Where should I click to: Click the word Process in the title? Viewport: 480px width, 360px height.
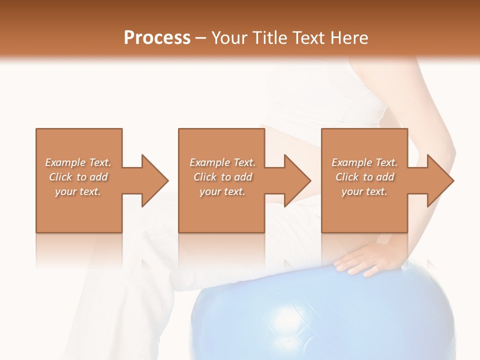157,38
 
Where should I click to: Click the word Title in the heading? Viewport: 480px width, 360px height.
267,38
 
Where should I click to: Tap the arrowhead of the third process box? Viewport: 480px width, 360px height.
439,180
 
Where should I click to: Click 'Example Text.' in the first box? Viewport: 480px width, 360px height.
78,162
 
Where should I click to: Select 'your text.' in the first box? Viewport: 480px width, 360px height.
78,191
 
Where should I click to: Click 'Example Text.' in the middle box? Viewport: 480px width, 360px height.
222,162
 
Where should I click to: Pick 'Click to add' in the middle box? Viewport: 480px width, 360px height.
222,177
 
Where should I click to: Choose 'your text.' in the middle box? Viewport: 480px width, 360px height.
222,191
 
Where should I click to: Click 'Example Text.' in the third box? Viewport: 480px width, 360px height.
364,162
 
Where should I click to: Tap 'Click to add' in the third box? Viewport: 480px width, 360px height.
364,177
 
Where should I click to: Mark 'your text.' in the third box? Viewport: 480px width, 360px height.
364,191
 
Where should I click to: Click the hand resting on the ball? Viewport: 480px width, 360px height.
367,257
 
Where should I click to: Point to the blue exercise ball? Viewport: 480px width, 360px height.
320,315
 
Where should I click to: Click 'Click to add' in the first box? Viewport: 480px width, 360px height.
78,177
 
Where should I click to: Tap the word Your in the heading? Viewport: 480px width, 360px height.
228,38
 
